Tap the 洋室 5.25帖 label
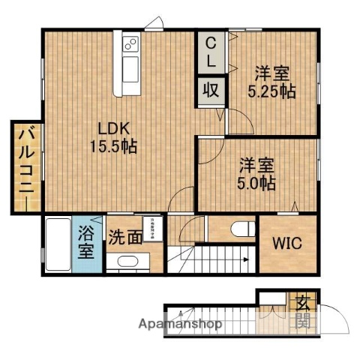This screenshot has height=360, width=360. (271, 82)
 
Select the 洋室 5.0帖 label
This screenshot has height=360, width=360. (257, 172)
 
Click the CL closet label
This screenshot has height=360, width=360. (211, 52)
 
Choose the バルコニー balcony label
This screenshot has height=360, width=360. (25, 165)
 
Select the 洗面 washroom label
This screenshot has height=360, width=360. (124, 238)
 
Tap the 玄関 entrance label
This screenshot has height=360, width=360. (303, 313)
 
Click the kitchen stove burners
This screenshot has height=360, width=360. (129, 43)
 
